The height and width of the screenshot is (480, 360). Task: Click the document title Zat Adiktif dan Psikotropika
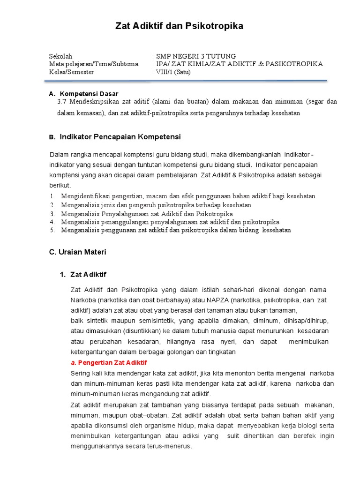pyautogui.click(x=180, y=26)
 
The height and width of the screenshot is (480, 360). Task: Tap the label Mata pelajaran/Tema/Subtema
pyautogui.click(x=94, y=64)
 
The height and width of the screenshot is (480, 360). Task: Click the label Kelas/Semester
pyautogui.click(x=72, y=72)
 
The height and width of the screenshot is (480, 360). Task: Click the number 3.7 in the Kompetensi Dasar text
pyautogui.click(x=61, y=102)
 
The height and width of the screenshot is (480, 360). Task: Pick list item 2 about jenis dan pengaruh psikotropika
pyautogui.click(x=156, y=205)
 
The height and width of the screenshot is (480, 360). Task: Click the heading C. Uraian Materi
pyautogui.click(x=78, y=252)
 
